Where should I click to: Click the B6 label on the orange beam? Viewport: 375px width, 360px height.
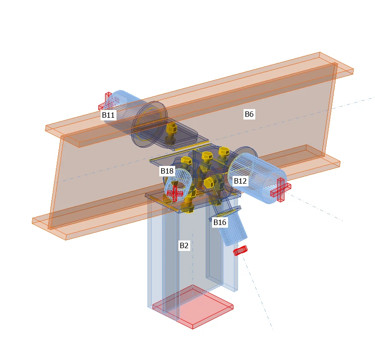[249, 114]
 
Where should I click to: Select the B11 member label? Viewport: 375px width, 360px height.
[108, 115]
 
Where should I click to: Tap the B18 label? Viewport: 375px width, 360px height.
[167, 171]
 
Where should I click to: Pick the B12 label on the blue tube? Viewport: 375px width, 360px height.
[240, 181]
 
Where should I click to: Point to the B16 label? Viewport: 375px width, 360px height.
[219, 222]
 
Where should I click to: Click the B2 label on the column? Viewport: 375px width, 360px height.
[184, 245]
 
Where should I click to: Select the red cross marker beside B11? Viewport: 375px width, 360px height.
[106, 101]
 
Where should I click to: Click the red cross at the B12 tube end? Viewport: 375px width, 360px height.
[280, 190]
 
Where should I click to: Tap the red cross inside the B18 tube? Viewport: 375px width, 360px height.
[175, 193]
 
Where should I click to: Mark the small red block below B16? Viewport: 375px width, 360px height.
[240, 250]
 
